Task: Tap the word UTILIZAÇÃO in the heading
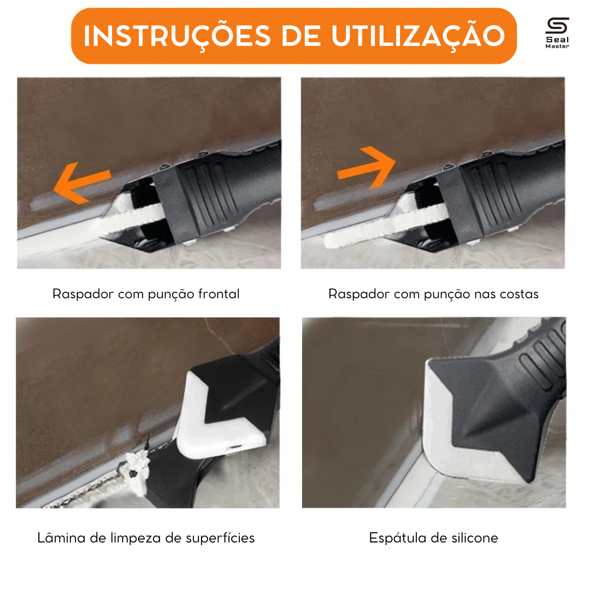[418, 36]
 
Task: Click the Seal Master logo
[557, 33]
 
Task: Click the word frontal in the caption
[219, 294]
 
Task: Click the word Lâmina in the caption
[61, 538]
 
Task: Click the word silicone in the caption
[475, 538]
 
